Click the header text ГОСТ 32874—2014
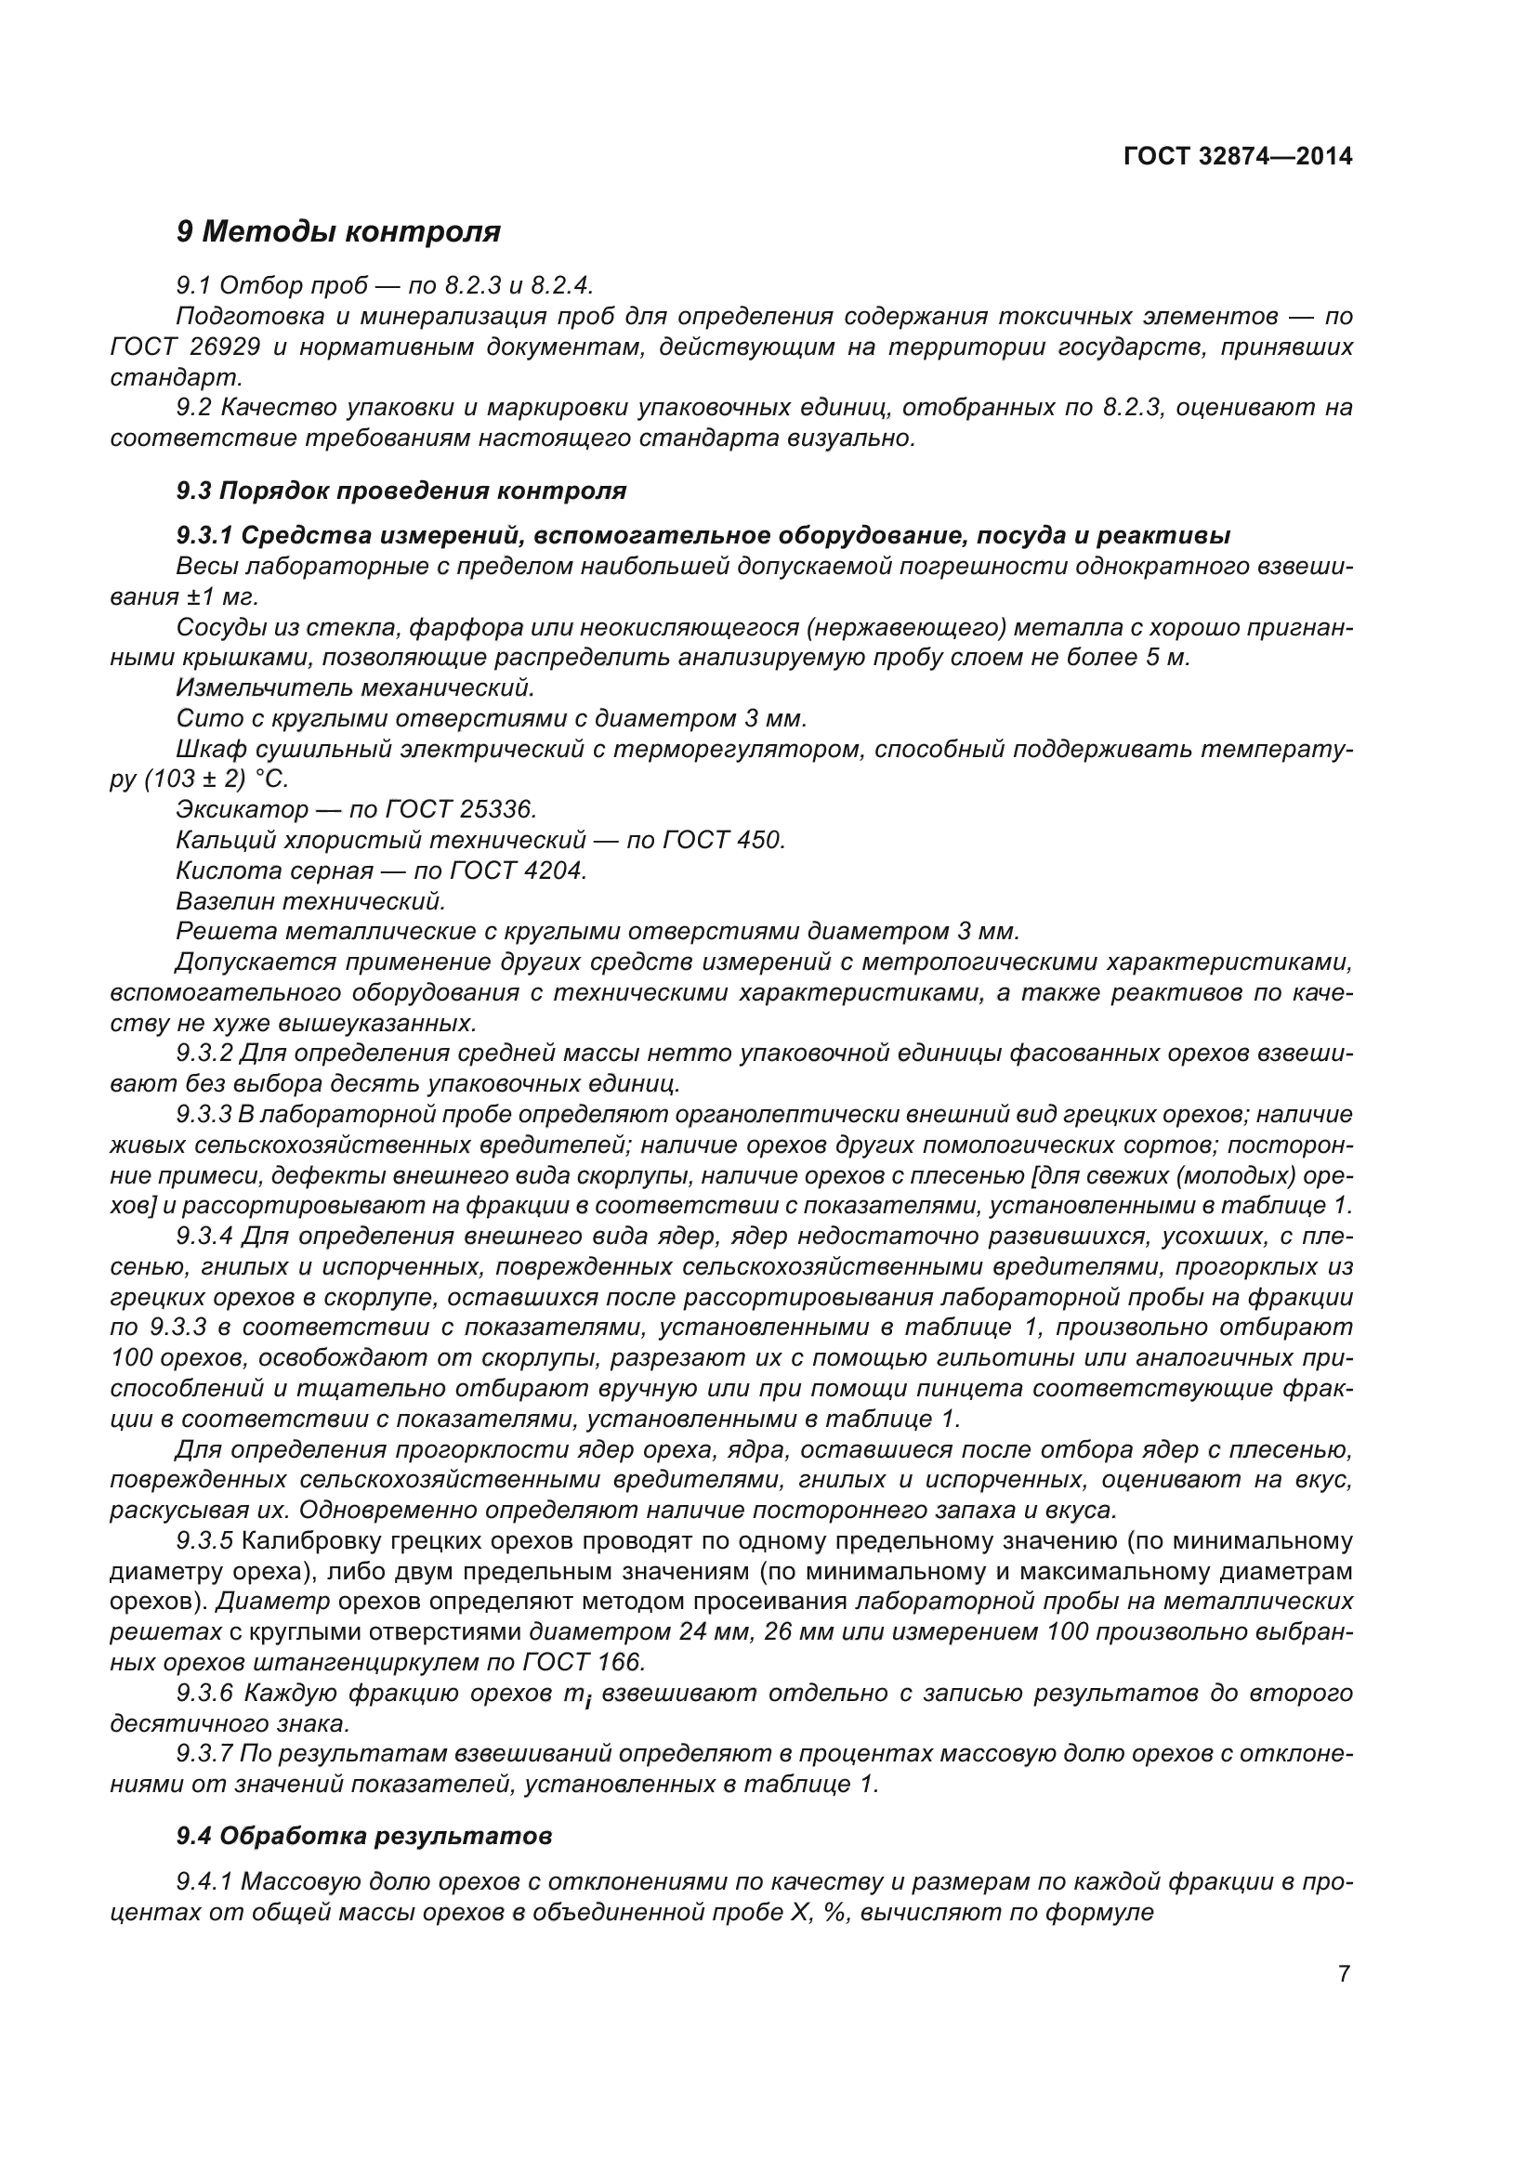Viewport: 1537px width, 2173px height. point(1237,156)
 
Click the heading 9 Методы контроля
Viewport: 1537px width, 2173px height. point(338,231)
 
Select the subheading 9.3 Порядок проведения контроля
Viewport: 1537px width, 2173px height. point(401,491)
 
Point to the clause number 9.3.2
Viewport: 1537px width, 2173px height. point(204,1053)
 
